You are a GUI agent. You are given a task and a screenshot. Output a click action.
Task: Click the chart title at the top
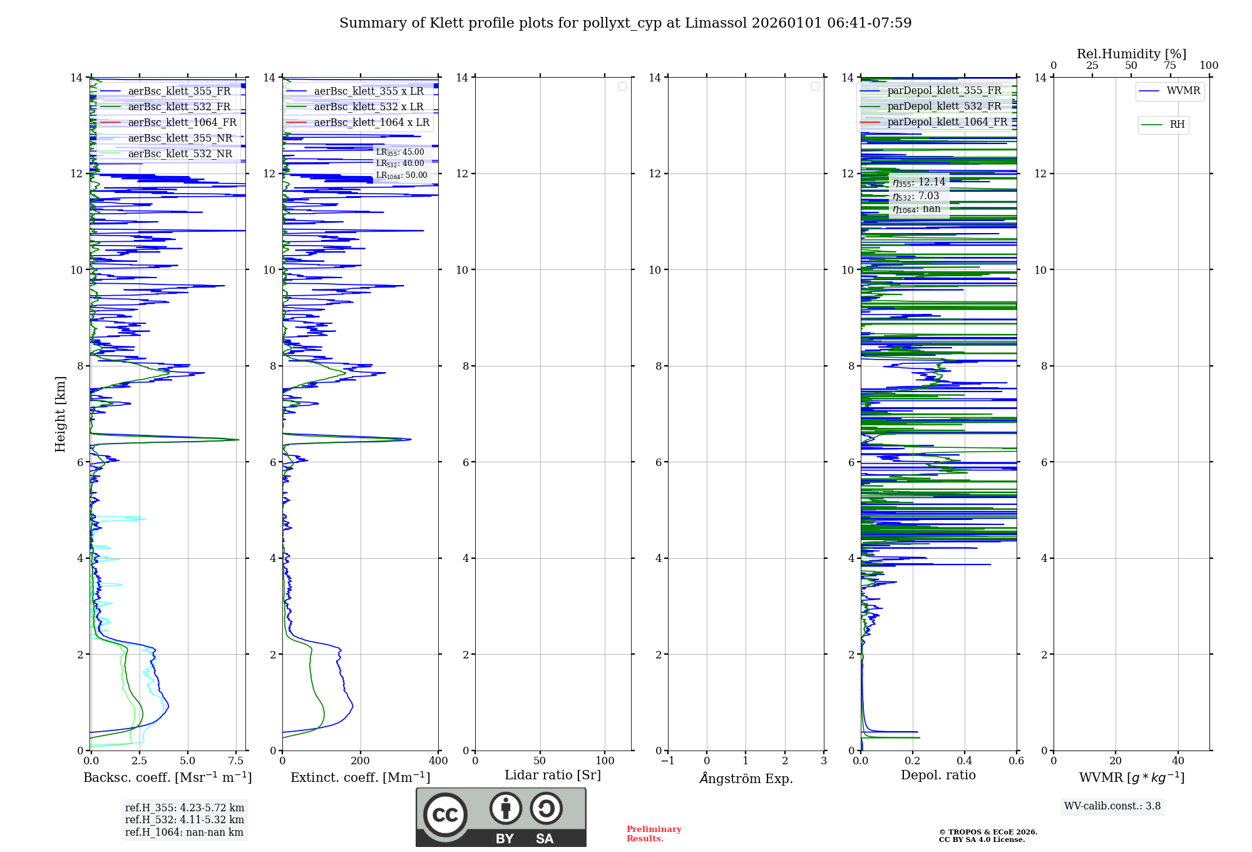pos(625,23)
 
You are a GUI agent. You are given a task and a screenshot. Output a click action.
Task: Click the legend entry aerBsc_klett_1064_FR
pos(182,122)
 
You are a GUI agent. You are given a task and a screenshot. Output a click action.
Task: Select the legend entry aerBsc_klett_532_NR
pos(180,153)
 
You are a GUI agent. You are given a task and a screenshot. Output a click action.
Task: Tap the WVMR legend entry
pos(1183,91)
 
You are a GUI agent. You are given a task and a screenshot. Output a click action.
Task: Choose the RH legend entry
pos(1176,125)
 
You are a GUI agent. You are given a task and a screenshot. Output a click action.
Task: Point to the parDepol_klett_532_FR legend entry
pos(944,106)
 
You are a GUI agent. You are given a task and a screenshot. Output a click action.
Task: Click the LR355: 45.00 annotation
pos(399,152)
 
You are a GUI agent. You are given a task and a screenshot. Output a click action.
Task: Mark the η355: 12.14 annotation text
pos(918,182)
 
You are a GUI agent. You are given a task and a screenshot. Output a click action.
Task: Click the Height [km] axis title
pos(60,413)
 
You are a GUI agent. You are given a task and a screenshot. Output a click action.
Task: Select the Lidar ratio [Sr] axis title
pos(553,775)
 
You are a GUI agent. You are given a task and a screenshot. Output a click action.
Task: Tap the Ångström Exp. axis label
pos(746,778)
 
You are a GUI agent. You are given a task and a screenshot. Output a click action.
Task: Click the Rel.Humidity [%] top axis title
pos(1131,54)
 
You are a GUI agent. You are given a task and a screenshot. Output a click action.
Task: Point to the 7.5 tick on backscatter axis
pos(236,761)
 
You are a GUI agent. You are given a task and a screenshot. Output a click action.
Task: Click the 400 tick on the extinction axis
pos(438,761)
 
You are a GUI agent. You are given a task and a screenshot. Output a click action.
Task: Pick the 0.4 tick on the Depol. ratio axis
pos(965,761)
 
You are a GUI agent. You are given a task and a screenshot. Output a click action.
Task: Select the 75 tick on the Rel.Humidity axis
pos(1169,66)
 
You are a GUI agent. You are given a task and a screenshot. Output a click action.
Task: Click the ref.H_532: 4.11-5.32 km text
pos(184,819)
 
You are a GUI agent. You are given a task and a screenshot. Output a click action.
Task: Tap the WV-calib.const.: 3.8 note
pos(1112,806)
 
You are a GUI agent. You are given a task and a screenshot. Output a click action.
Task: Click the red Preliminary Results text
pos(654,833)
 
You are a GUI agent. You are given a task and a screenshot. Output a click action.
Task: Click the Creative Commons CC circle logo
pos(445,815)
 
